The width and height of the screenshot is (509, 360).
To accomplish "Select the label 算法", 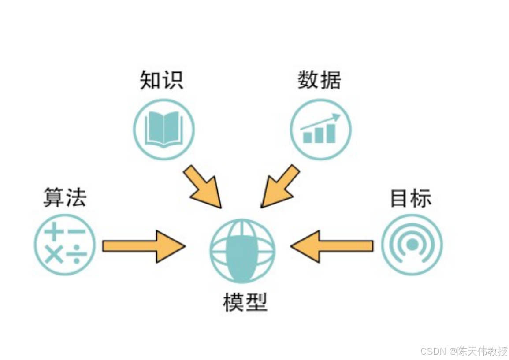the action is pyautogui.click(x=65, y=197).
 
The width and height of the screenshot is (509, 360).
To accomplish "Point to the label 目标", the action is pyautogui.click(x=411, y=198).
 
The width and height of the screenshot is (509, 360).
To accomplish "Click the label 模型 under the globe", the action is pyautogui.click(x=245, y=302).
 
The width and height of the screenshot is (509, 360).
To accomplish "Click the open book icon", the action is pyautogui.click(x=164, y=129).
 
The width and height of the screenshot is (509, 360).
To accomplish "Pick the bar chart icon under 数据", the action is pyautogui.click(x=320, y=129).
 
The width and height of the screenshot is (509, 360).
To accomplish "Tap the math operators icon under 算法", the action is pyautogui.click(x=65, y=245).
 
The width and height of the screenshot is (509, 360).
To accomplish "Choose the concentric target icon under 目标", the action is pyautogui.click(x=412, y=245).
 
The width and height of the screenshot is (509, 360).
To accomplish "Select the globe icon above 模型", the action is pyautogui.click(x=242, y=250).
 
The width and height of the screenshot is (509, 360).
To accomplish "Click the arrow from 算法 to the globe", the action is pyautogui.click(x=143, y=246).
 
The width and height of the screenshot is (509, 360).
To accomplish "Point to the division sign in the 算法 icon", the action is pyautogui.click(x=77, y=255).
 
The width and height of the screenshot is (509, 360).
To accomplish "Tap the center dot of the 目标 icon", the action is pyautogui.click(x=412, y=245).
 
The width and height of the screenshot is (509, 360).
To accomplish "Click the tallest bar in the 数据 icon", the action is pyautogui.click(x=330, y=133).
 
